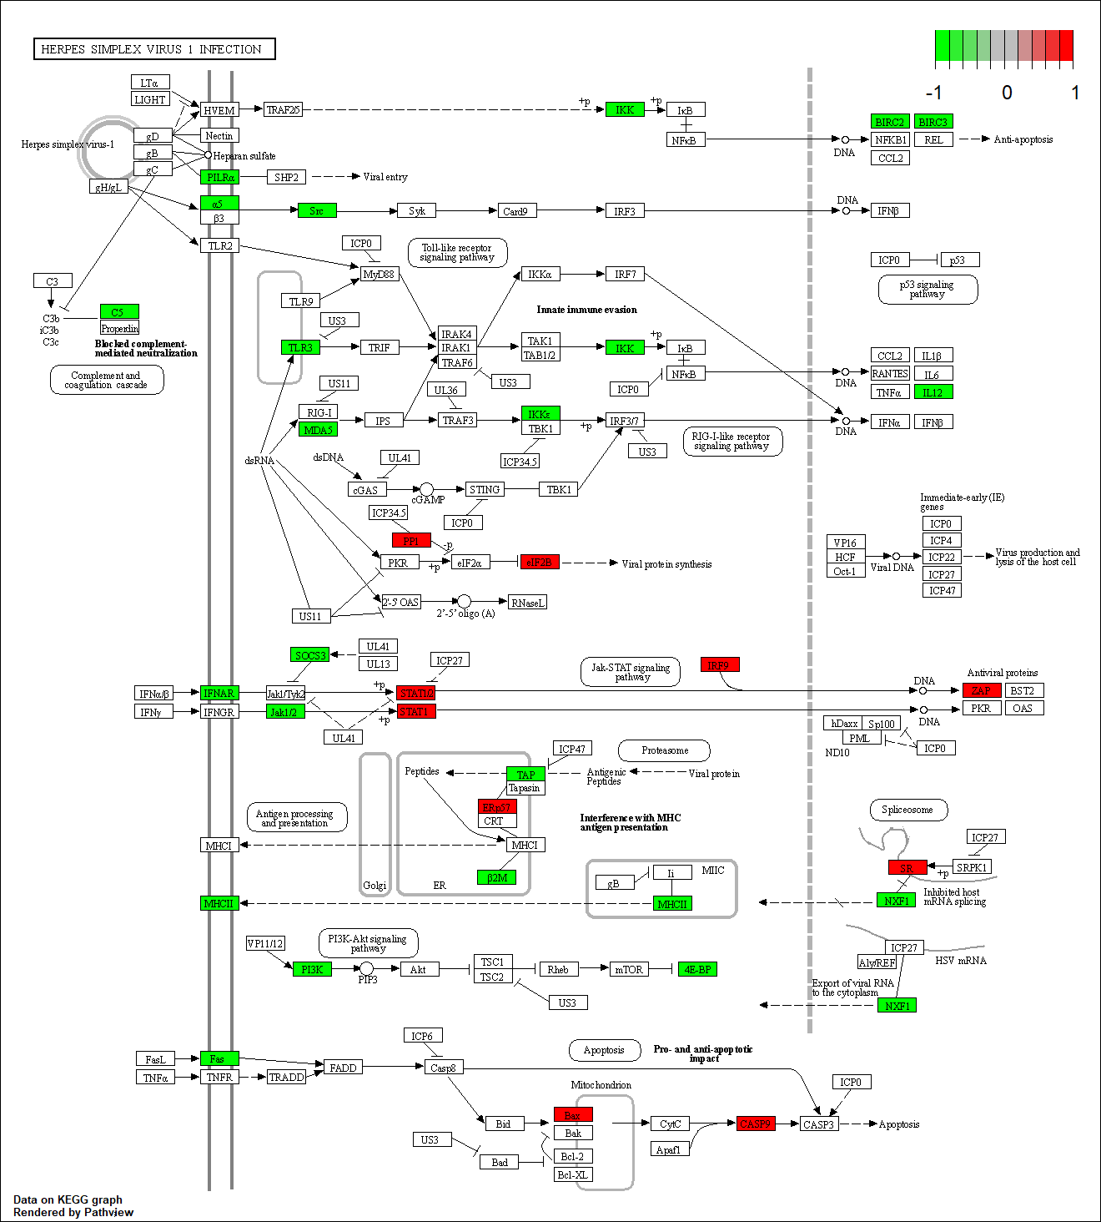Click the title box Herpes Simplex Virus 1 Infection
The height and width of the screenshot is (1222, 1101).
(154, 49)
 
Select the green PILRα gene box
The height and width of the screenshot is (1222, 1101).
(219, 177)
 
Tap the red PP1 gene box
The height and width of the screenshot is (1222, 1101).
(411, 541)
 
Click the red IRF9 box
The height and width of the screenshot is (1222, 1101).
(719, 665)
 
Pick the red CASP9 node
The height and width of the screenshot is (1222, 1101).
(756, 1124)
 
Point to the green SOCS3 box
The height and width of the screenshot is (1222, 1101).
(309, 655)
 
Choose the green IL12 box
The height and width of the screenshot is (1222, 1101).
(933, 392)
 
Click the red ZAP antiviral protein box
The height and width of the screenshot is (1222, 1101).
(981, 690)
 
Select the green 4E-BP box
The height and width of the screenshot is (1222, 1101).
(696, 969)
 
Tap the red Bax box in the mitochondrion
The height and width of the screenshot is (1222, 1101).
(573, 1115)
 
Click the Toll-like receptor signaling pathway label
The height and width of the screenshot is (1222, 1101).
(457, 253)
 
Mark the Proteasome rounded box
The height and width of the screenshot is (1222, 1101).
(664, 750)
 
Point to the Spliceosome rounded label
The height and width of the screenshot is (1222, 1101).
(907, 810)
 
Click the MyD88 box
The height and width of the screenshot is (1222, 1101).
(379, 274)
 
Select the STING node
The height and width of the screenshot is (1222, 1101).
(484, 490)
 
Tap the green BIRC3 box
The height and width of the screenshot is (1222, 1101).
(933, 122)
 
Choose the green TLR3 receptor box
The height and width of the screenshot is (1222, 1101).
(300, 347)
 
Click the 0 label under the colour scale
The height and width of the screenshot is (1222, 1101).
(1007, 93)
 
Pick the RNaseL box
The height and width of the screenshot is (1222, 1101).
(527, 603)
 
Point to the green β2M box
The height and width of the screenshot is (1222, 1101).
(496, 877)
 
